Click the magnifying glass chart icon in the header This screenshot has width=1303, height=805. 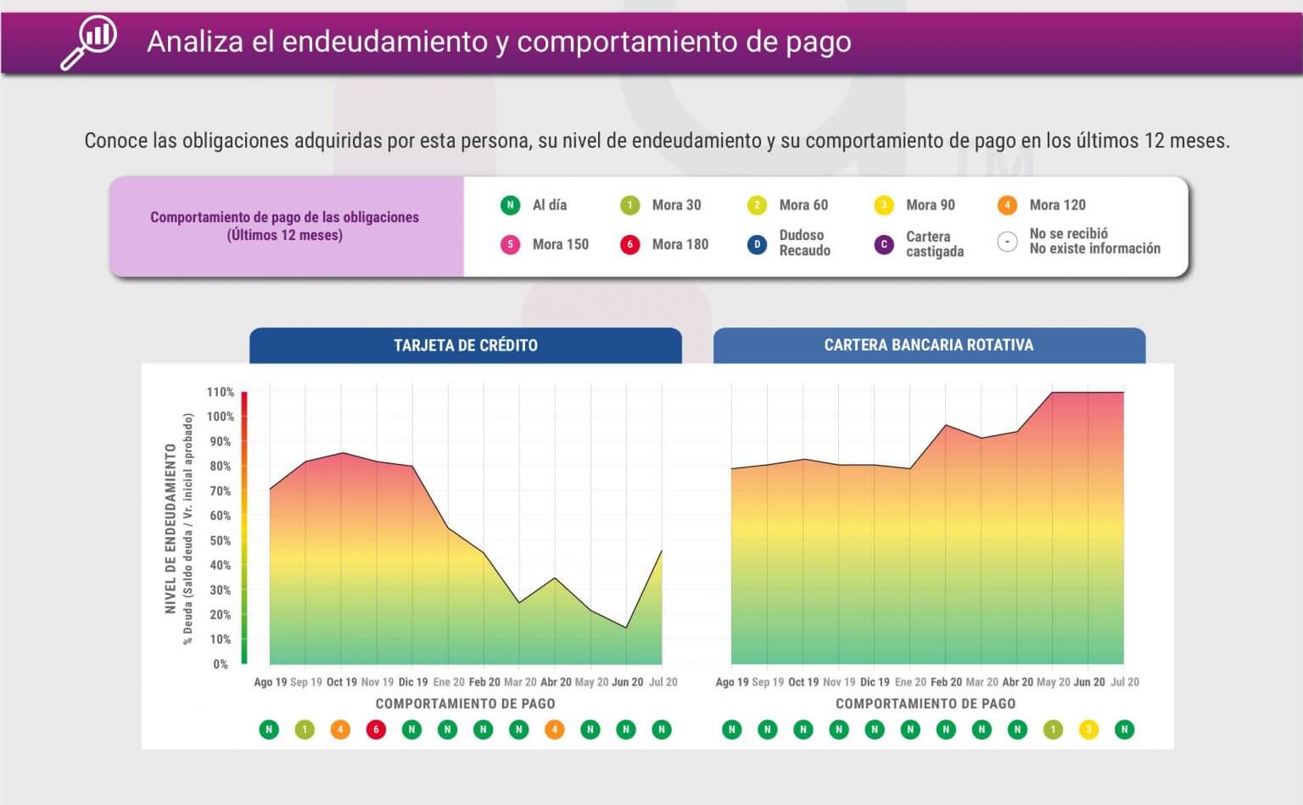(x=89, y=42)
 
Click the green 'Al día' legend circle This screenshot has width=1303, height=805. (x=510, y=205)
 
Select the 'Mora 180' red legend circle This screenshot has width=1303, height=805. (x=629, y=244)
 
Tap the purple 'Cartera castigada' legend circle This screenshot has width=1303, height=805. (x=884, y=244)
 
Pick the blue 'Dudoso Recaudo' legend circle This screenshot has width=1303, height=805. (x=757, y=244)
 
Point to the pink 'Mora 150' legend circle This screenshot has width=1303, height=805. (x=510, y=244)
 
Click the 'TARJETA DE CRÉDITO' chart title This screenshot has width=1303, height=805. (x=466, y=345)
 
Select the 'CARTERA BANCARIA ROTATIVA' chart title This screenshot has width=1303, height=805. (x=929, y=345)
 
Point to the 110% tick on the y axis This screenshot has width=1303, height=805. (x=221, y=393)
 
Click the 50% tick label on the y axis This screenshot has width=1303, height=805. (x=221, y=541)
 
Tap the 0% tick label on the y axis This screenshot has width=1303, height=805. (x=221, y=664)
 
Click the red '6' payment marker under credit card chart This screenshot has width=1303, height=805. (x=376, y=730)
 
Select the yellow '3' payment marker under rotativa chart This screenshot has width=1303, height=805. (x=1088, y=730)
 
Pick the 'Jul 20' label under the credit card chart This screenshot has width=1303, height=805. (x=663, y=682)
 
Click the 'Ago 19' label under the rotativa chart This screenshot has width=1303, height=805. (x=732, y=682)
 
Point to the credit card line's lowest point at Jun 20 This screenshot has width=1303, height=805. (x=626, y=628)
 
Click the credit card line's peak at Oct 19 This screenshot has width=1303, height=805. (x=342, y=453)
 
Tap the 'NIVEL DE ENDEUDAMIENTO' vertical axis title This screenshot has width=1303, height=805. (x=171, y=528)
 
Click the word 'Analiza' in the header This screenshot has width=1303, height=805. (x=195, y=42)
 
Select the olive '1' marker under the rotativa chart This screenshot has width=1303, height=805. (x=1053, y=730)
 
